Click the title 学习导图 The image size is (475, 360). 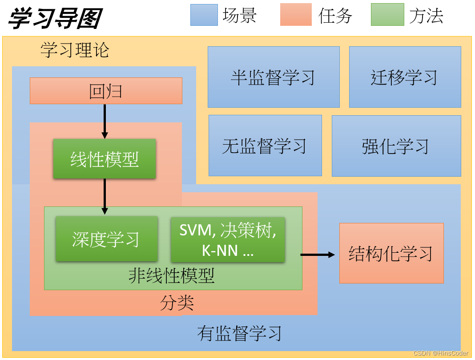click(54, 18)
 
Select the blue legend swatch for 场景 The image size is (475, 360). click(204, 15)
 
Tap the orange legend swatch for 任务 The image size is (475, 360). click(296, 15)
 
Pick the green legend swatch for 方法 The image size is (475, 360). click(387, 15)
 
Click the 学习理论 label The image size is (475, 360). click(74, 50)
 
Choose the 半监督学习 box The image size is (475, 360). click(274, 77)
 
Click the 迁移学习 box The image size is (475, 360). click(405, 77)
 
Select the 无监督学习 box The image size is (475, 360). click(265, 146)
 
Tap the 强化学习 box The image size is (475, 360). click(396, 146)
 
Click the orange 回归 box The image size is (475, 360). click(106, 91)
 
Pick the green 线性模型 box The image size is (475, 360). click(105, 159)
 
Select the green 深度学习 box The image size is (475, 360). click(106, 239)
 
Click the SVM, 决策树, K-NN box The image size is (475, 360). click(228, 239)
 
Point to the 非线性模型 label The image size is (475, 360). click(172, 276)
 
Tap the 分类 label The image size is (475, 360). click(177, 303)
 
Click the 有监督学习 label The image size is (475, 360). click(239, 333)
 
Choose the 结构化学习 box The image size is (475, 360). click(391, 253)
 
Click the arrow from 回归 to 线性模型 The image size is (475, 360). click(105, 121)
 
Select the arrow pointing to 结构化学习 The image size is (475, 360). click(318, 255)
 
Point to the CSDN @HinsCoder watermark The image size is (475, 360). click(440, 353)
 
